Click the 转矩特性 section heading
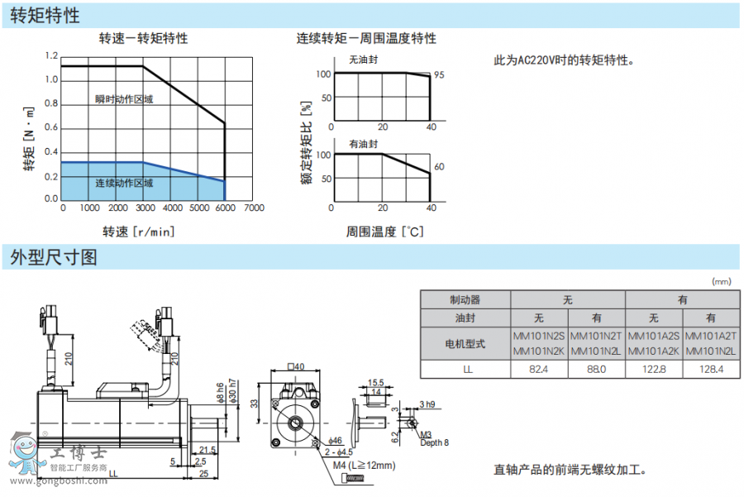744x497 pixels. [x=45, y=15]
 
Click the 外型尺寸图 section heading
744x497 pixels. [x=54, y=257]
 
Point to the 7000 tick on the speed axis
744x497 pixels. [x=254, y=208]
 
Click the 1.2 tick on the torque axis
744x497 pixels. [x=51, y=56]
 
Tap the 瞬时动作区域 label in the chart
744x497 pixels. [x=124, y=99]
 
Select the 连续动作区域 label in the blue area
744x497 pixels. [x=124, y=183]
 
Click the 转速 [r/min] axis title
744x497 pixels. [x=139, y=232]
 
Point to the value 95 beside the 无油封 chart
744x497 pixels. [x=439, y=75]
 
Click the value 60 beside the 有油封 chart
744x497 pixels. [x=439, y=167]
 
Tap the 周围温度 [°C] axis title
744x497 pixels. [x=384, y=232]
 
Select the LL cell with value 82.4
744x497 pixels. [x=540, y=369]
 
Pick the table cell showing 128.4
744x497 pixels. [x=711, y=369]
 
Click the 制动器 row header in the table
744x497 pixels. [x=465, y=300]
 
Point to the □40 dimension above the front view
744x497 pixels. [x=295, y=366]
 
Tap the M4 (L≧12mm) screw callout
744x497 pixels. [x=364, y=466]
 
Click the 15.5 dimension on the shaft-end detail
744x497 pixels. [x=376, y=383]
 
